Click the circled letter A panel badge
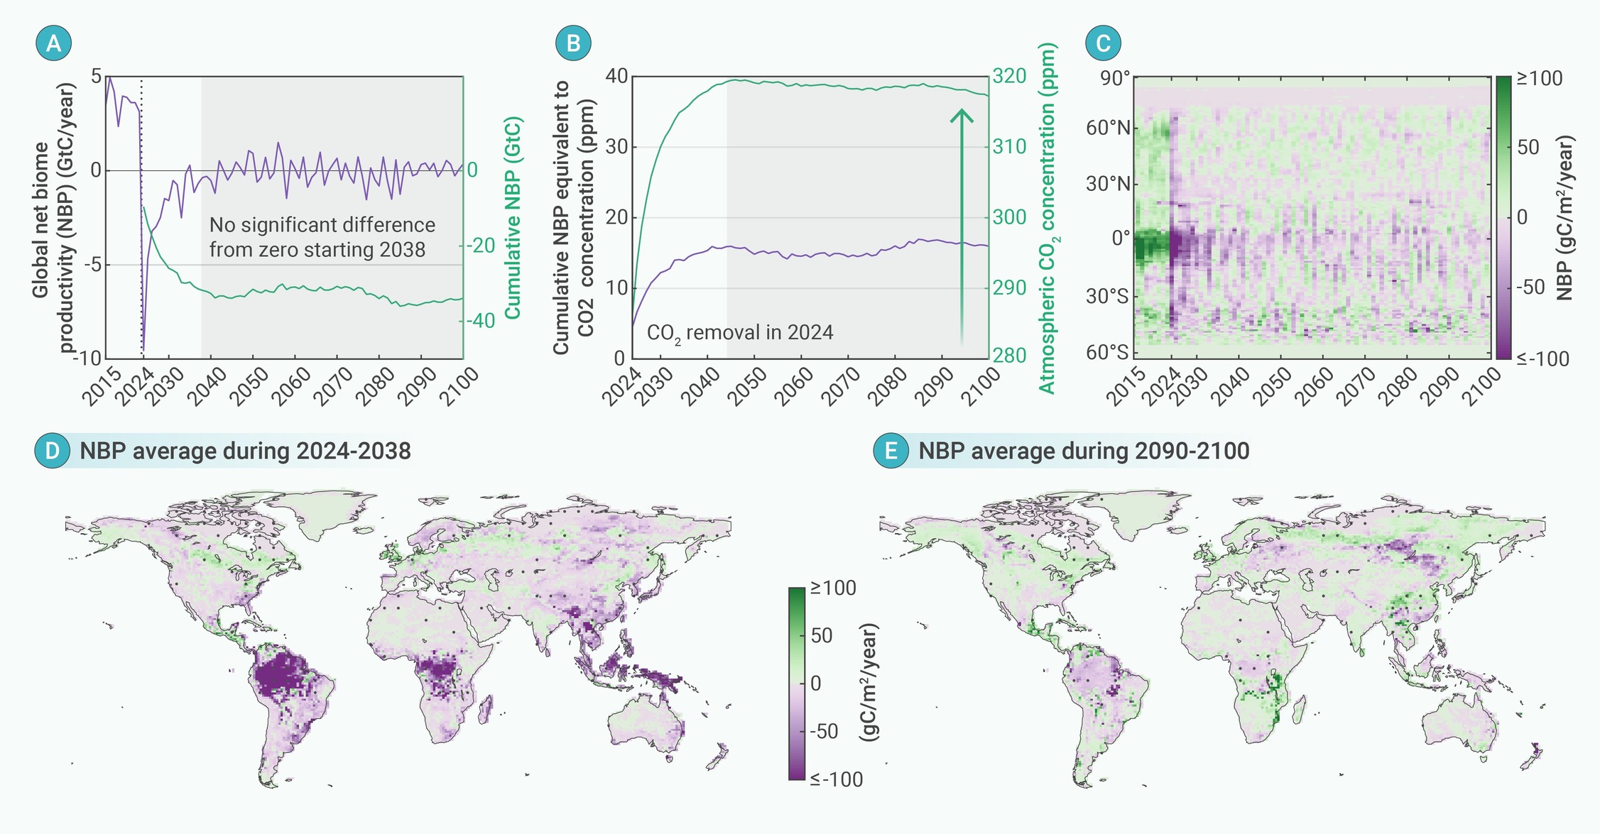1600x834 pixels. point(53,43)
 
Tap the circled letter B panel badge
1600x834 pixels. point(572,43)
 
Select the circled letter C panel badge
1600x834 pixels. point(1103,43)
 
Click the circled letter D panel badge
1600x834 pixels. point(53,451)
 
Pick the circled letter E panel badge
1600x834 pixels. point(891,451)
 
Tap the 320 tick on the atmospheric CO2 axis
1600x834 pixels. point(1009,76)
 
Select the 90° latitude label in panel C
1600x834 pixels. point(1114,78)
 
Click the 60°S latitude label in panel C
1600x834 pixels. point(1107,352)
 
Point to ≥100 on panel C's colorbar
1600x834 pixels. point(1540,78)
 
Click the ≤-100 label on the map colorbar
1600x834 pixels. point(837,779)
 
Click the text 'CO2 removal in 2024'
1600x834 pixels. point(739,333)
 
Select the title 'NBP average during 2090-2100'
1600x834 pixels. point(1084,451)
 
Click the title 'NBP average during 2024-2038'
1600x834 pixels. point(245,451)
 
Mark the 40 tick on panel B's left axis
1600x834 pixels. point(616,76)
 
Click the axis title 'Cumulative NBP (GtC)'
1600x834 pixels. point(513,218)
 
